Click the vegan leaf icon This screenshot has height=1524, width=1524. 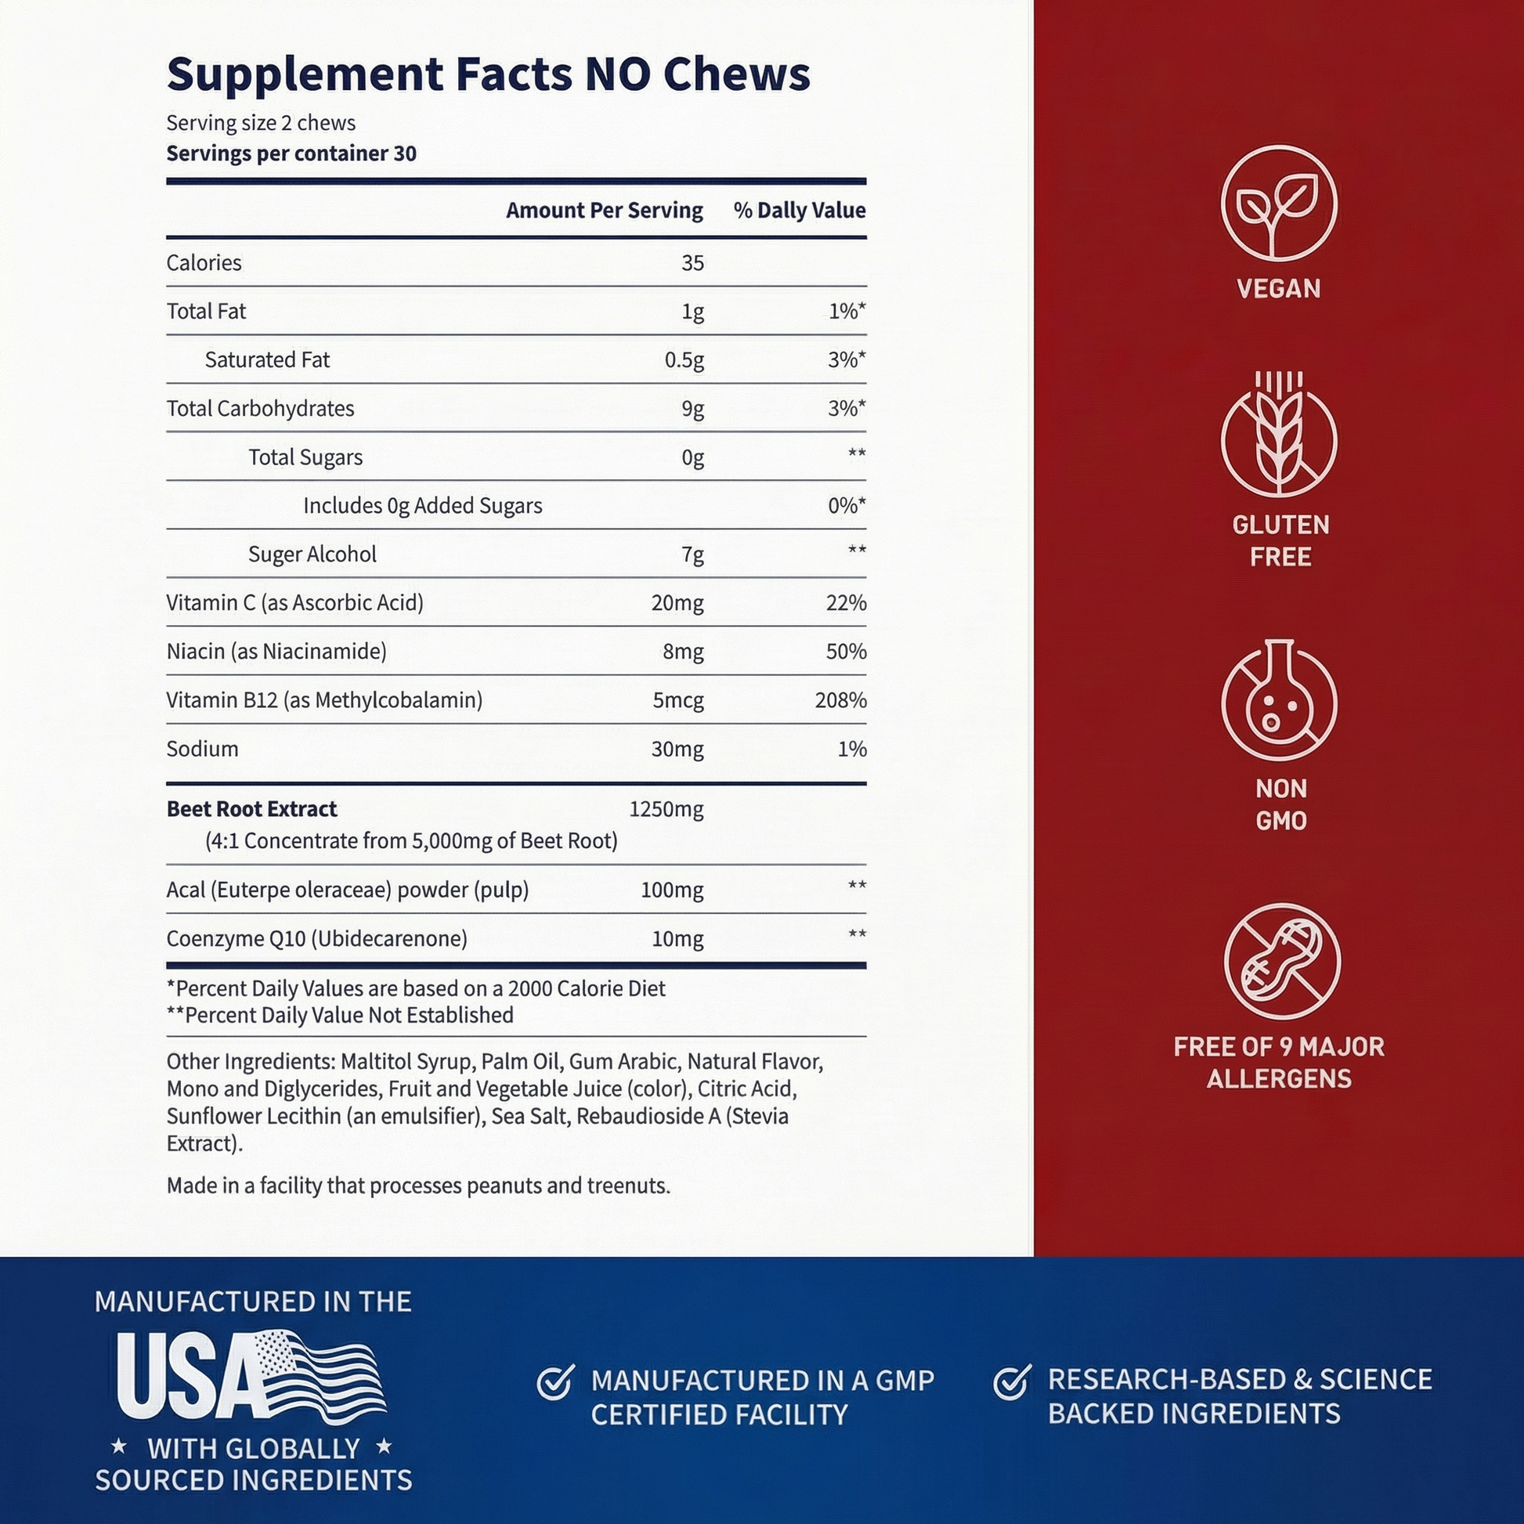click(1278, 204)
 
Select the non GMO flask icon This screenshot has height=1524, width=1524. click(1278, 701)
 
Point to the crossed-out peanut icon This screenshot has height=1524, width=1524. click(1281, 962)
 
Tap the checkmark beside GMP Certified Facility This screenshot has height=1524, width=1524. click(555, 1383)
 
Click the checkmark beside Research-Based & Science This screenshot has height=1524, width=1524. click(1011, 1382)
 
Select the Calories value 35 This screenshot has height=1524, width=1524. click(692, 262)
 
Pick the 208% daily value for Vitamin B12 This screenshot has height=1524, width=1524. click(840, 700)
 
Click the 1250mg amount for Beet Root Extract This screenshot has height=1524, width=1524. click(666, 809)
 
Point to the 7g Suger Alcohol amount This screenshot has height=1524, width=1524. click(692, 554)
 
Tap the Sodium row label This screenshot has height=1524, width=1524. click(202, 749)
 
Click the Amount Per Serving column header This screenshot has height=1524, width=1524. click(605, 211)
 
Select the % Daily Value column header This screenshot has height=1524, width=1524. click(799, 211)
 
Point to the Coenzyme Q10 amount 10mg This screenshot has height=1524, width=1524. click(677, 939)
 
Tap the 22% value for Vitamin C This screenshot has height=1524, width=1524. click(846, 604)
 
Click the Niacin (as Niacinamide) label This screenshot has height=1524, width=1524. click(276, 652)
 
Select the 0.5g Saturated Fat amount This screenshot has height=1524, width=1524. click(684, 360)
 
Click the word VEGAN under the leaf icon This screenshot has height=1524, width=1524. click(1278, 289)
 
